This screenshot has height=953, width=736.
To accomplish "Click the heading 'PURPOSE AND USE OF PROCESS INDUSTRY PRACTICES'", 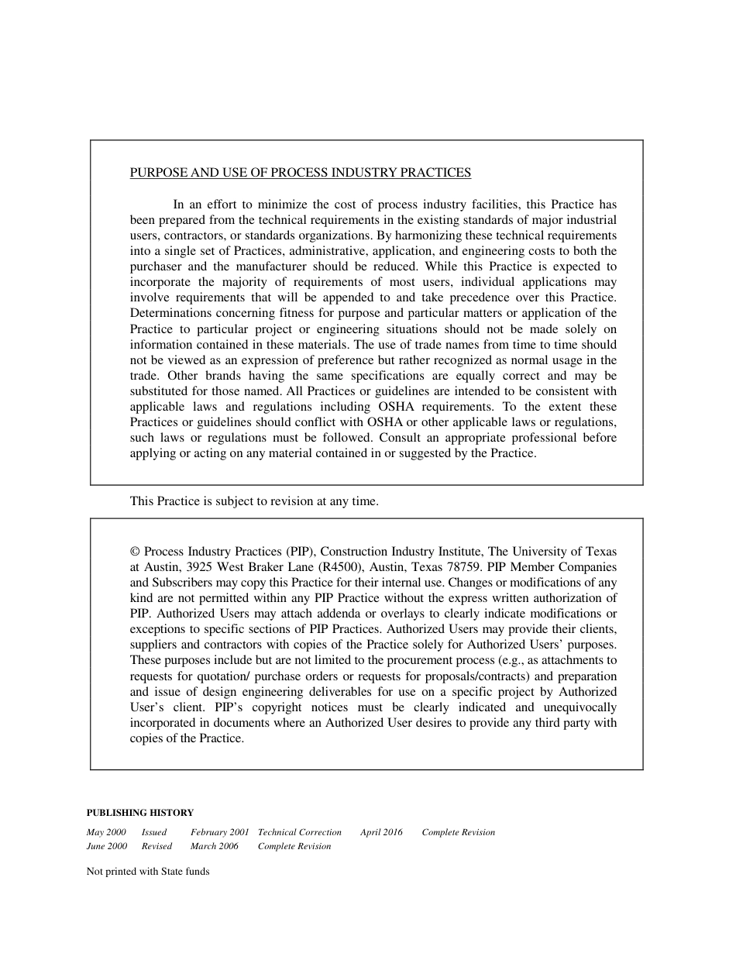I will (x=301, y=173).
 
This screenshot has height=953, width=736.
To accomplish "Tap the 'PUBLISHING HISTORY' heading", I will (x=140, y=813).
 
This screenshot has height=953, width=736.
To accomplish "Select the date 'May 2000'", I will (x=106, y=832).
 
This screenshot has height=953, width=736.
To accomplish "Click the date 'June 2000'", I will (x=107, y=846).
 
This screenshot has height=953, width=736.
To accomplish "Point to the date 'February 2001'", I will (x=220, y=832).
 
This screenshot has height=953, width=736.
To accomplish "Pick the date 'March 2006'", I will (x=215, y=846).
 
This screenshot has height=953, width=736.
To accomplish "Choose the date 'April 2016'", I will (x=381, y=832).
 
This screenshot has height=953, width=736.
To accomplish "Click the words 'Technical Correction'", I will (x=300, y=832).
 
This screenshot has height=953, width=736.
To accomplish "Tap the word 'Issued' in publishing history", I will (x=154, y=832).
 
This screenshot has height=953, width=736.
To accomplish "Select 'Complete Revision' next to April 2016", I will (x=459, y=832).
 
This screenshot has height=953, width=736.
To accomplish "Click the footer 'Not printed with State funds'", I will (x=148, y=871).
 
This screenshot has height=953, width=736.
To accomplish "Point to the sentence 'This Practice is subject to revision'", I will (x=254, y=501).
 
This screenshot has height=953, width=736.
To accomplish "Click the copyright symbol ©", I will (x=135, y=552).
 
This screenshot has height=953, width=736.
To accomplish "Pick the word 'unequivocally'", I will (x=581, y=707).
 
